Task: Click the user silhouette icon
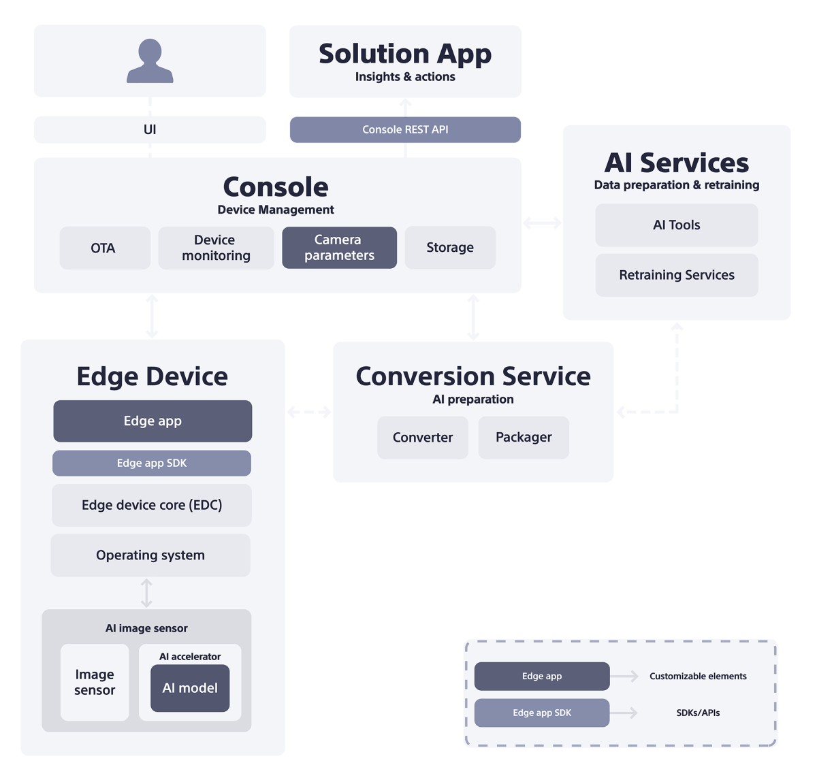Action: tap(150, 61)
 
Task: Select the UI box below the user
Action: tap(150, 129)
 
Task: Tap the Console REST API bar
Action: tap(405, 129)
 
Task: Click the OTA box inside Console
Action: tap(104, 248)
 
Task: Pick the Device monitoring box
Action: tap(216, 248)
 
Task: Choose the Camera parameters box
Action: tap(339, 248)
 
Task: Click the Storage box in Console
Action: tap(450, 248)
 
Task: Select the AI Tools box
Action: tap(676, 225)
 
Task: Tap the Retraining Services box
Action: tap(676, 275)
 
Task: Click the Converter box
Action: tap(423, 438)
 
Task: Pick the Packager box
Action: tap(524, 438)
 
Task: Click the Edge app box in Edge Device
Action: tap(153, 421)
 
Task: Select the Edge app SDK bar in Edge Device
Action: tap(152, 463)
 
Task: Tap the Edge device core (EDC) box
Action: tap(152, 505)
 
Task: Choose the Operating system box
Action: tap(150, 555)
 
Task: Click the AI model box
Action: tap(190, 688)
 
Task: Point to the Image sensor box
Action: tap(95, 682)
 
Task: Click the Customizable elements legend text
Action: tap(698, 676)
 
